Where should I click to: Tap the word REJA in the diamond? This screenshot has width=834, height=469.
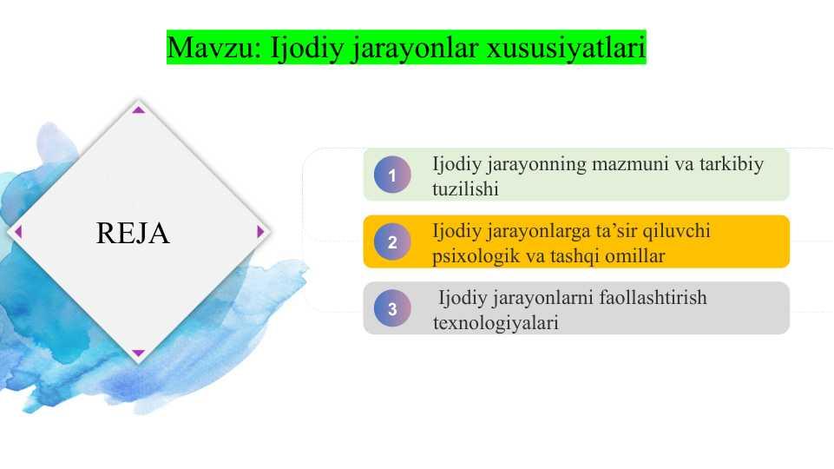(133, 233)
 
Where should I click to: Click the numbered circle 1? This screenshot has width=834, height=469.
(392, 174)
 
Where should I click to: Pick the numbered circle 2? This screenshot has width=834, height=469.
(392, 241)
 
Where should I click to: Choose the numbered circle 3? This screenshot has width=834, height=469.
(392, 308)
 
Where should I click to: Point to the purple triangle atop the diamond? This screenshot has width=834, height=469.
(138, 109)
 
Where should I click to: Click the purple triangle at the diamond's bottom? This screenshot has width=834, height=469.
(138, 353)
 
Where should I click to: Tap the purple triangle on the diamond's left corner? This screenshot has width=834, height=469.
(18, 232)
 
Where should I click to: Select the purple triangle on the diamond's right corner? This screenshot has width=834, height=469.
(260, 232)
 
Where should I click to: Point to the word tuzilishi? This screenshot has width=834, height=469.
(465, 189)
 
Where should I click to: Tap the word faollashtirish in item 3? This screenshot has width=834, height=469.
(653, 298)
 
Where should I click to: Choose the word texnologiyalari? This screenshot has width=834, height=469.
(496, 323)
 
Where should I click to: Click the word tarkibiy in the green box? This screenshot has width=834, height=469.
(732, 164)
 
